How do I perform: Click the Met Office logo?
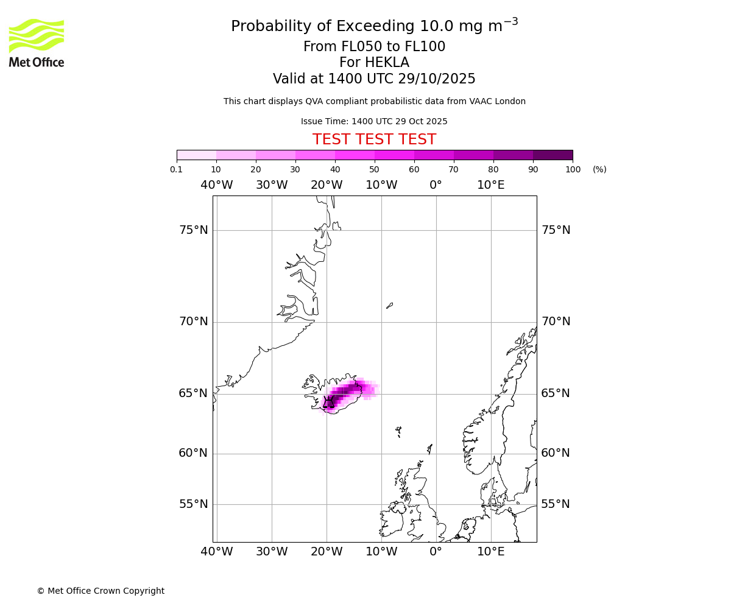tap(37, 43)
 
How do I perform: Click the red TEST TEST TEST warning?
tap(374, 140)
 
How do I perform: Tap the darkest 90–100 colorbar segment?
tap(553, 155)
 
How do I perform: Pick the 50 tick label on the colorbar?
tap(374, 170)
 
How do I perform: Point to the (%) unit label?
tap(599, 170)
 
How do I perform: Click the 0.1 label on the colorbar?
tap(177, 170)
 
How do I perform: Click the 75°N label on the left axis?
tap(193, 230)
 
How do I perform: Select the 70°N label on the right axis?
tap(556, 322)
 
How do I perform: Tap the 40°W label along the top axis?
tap(216, 185)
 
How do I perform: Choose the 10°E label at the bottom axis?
tap(490, 552)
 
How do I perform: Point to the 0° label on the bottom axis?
tap(436, 552)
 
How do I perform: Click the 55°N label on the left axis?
tap(193, 504)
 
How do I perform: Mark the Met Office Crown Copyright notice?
tap(101, 591)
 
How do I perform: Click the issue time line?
tap(374, 122)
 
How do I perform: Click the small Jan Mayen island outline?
tap(389, 305)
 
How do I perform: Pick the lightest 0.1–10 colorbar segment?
tap(196, 155)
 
